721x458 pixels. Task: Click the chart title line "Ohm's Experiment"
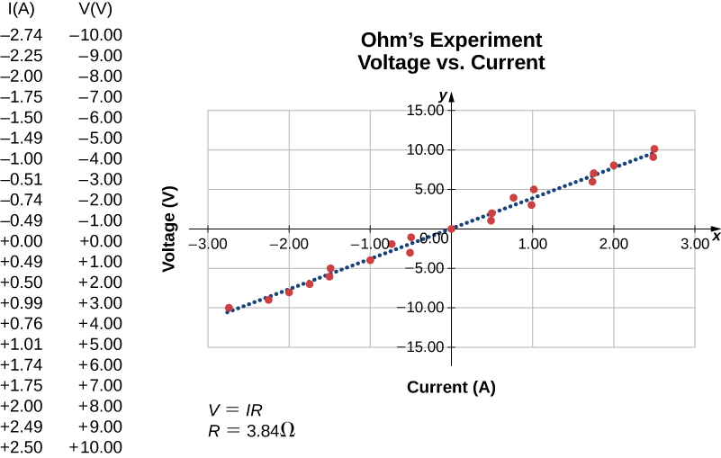pos(451,40)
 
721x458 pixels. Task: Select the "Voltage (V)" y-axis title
pos(168,229)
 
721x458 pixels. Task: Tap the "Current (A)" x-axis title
pos(451,388)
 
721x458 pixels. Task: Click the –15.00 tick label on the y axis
pos(424,346)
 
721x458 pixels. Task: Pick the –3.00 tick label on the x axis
pos(207,243)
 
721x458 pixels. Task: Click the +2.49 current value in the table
pos(20,427)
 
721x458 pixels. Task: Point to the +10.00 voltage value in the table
pos(95,447)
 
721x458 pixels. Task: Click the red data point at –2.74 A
pos(229,308)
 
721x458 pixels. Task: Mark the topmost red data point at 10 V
pos(654,148)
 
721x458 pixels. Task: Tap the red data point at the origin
pos(452,229)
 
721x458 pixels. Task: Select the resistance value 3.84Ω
pos(266,430)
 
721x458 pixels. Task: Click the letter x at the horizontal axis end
pos(716,236)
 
